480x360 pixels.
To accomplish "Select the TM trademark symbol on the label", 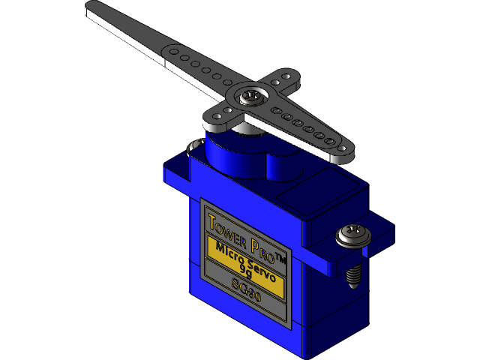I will coord(280,258).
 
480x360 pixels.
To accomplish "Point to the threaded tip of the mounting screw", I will coord(354,274).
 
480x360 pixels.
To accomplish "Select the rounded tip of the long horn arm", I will coord(93,8).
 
